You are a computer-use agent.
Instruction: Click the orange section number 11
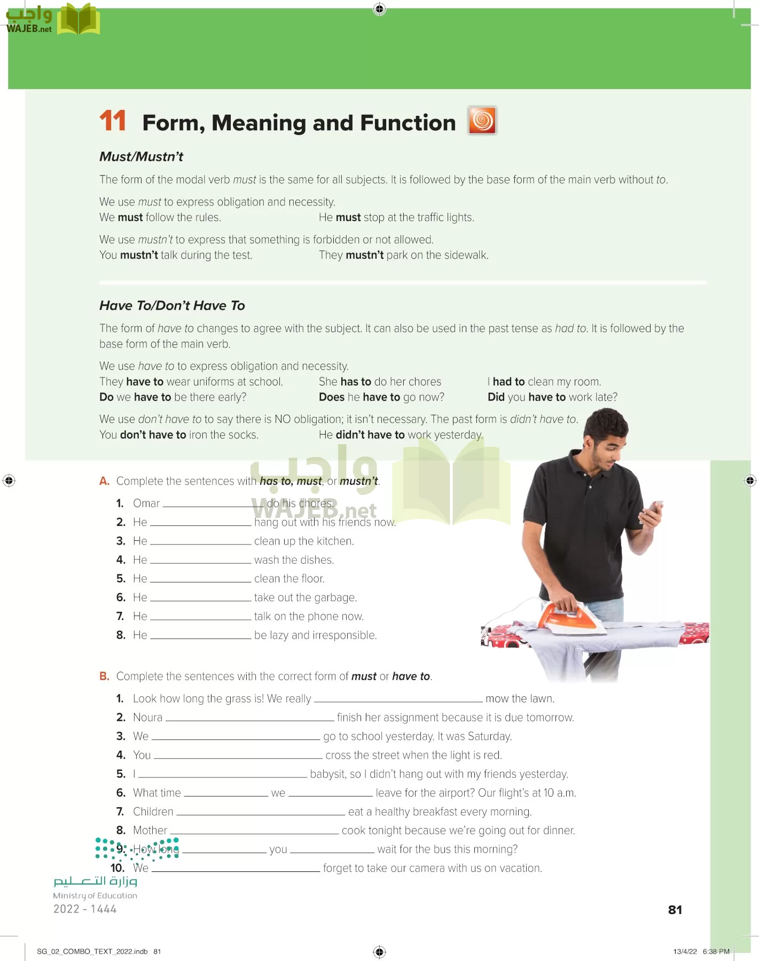112,121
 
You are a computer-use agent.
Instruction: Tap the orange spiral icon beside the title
482,120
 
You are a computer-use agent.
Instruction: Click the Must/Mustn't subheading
141,156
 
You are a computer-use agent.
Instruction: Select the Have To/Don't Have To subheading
172,305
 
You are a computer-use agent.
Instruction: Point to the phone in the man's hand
653,512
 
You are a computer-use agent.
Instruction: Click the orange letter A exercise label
104,481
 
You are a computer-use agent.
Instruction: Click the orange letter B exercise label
104,676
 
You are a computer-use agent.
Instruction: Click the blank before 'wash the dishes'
200,561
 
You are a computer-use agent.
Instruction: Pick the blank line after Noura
249,719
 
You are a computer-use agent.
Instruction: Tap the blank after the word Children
260,813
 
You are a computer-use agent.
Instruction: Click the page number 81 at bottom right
675,910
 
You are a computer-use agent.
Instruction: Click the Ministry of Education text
95,895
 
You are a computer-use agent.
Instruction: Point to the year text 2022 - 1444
85,909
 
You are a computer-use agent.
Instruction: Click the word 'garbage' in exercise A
335,597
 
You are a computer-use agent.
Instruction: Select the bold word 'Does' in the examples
331,397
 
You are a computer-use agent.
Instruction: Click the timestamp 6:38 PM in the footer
716,951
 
